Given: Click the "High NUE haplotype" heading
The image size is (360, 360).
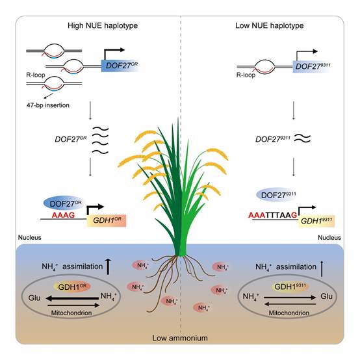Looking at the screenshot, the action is coord(103,25).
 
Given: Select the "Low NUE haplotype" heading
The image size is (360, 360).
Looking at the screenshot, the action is coord(269,25).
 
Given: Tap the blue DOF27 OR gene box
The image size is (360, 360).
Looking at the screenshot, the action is coord(120,66).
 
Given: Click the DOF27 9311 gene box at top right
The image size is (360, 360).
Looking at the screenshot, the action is coord(312,66).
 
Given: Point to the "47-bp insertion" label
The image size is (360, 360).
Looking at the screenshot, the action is coord(47,105).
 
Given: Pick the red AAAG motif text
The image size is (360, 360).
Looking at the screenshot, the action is coord(64,215).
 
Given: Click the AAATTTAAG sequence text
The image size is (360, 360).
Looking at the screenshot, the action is coord(272,215).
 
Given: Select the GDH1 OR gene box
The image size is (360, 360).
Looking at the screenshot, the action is coord(107,221).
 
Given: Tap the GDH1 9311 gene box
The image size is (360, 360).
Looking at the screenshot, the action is coord(316,221).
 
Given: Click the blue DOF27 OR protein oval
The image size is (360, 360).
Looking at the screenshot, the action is coord(64,203).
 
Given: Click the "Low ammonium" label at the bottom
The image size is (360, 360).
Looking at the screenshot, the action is coord(180,338).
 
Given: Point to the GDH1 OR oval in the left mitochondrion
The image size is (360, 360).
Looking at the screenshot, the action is coord(72,287).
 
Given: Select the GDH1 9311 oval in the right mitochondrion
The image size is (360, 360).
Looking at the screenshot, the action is coord(290,287).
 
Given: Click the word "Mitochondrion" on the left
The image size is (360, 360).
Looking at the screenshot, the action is coord(71,313).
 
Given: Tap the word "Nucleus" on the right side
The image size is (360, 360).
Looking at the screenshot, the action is coord(329,238).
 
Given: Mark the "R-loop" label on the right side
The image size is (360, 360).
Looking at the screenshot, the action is coord(246,75).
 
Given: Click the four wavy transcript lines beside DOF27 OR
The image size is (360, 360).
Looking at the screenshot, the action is coord(100,140).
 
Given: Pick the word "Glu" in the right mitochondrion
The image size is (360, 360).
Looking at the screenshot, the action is coord(326,296).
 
